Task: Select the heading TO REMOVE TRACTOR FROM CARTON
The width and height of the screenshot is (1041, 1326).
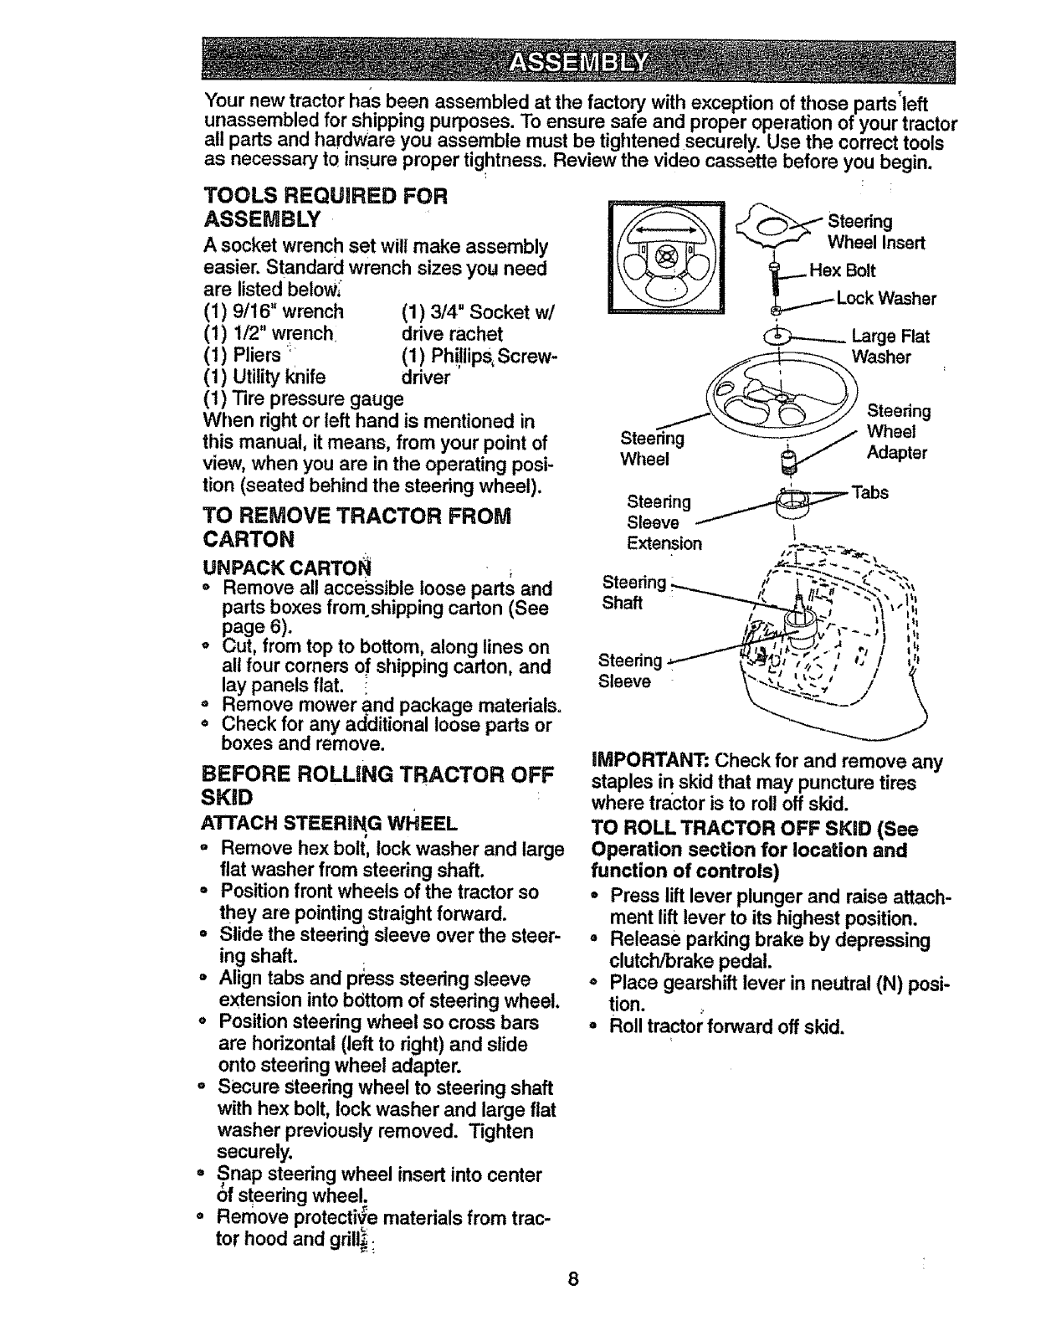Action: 357,526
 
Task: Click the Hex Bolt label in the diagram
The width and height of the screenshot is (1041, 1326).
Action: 842,270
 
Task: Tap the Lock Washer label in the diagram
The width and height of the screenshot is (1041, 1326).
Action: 885,298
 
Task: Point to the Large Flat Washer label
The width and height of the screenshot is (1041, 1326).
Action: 889,347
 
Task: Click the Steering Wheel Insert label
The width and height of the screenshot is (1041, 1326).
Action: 875,232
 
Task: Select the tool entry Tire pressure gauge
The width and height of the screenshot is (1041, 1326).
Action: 291,399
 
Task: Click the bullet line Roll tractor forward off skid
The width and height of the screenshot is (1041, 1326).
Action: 726,1026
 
